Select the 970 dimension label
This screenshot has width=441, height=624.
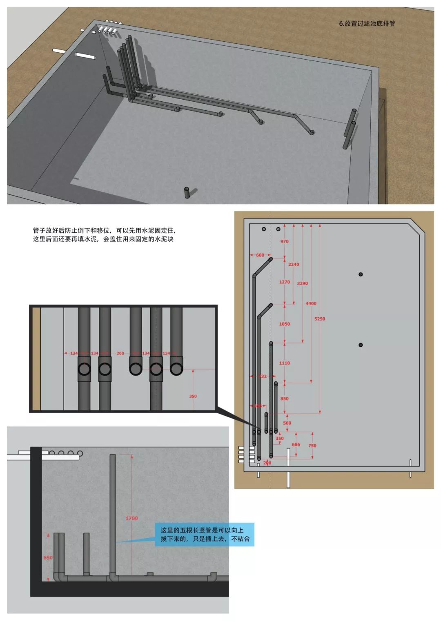[x=284, y=241]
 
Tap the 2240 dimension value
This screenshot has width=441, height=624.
[x=294, y=264]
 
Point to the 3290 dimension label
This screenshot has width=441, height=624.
[x=303, y=283]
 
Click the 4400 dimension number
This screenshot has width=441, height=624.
[x=311, y=303]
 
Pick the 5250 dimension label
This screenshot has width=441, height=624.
[x=320, y=319]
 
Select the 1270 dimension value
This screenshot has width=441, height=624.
[x=284, y=282]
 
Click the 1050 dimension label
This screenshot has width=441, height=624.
[x=284, y=324]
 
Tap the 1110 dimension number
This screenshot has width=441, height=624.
[x=284, y=363]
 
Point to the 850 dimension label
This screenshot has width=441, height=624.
[x=284, y=398]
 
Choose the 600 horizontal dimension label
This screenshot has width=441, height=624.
[x=260, y=255]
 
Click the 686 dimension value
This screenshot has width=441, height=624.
[x=296, y=444]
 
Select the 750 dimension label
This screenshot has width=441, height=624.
[x=312, y=446]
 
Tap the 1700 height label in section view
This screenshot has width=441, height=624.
[x=131, y=518]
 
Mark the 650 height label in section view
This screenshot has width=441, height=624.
[x=48, y=557]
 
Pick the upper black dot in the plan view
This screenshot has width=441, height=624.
[x=361, y=274]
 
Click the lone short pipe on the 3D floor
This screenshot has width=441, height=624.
[x=187, y=192]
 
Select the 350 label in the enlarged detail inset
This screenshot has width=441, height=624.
[x=193, y=396]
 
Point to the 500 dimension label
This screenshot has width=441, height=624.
[x=287, y=423]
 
